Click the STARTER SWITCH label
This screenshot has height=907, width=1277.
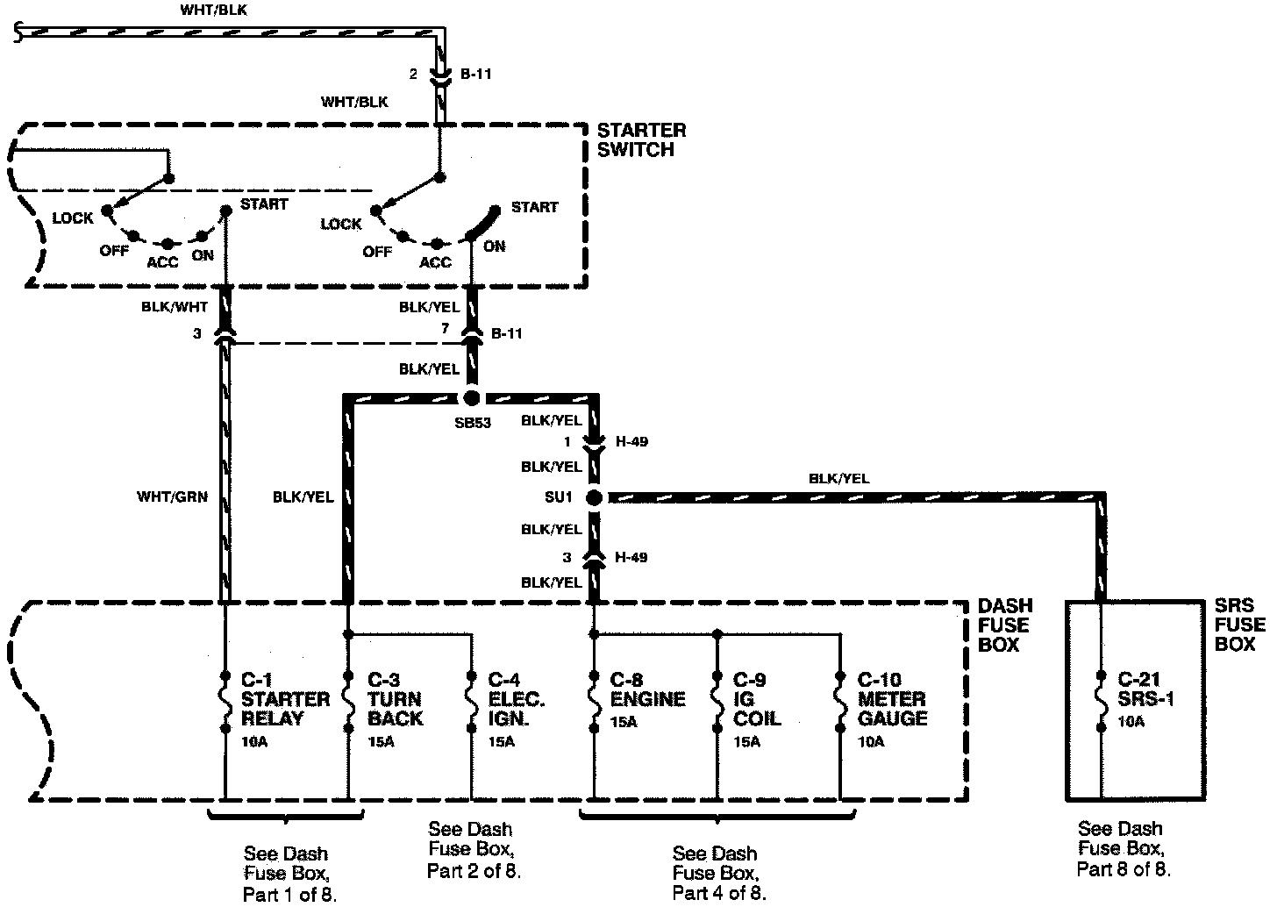click(x=641, y=140)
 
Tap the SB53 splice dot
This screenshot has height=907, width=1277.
click(x=472, y=397)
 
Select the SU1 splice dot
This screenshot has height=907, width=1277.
click(x=594, y=497)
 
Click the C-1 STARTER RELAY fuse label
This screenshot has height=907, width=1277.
click(x=285, y=699)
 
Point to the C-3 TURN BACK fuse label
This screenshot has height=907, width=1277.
click(x=395, y=699)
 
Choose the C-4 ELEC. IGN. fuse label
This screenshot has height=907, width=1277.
click(x=517, y=699)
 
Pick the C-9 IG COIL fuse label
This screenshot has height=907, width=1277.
click(x=757, y=699)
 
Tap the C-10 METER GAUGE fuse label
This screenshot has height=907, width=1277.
click(x=891, y=699)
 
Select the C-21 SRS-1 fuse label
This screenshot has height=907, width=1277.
click(x=1145, y=689)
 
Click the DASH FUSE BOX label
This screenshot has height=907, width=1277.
click(x=1005, y=625)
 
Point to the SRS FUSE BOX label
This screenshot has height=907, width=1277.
click(x=1239, y=625)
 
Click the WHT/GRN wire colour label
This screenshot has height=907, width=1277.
click(x=172, y=497)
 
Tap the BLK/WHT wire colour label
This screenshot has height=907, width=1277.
click(x=175, y=308)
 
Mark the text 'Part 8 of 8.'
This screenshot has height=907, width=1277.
click(x=1123, y=869)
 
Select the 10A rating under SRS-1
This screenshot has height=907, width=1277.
click(x=1131, y=722)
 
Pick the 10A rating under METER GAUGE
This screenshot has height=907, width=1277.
click(x=871, y=741)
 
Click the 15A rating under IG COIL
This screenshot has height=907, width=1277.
click(x=747, y=741)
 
